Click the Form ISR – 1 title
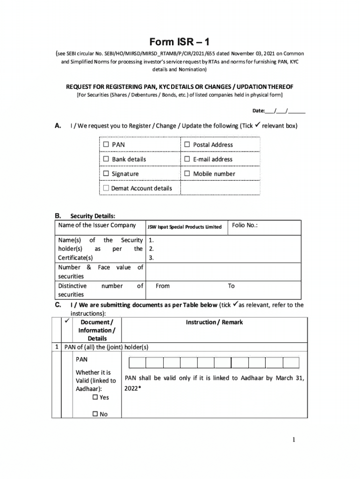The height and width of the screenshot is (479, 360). pos(180,42)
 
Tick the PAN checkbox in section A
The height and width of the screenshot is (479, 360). pos(106,145)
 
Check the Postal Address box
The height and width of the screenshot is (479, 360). pos(187,145)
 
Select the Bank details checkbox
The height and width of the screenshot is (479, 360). pos(106,159)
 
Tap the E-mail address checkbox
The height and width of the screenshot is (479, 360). pos(187,159)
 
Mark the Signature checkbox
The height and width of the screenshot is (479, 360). pos(106,174)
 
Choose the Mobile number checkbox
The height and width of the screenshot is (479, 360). pos(187,174)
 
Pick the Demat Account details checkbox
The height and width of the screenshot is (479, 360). pos(106,188)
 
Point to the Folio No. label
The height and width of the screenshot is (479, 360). pos(245,225)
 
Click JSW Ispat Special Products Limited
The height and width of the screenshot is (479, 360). pos(184,227)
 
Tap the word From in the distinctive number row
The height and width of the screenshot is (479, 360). pos(163,286)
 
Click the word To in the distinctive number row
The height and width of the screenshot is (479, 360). pos(231,286)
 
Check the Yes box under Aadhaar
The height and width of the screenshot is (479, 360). pos(95,397)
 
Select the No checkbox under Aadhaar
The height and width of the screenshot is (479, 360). pos(95,414)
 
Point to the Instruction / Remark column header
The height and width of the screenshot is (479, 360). pos(214,322)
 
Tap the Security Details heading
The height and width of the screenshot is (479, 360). pos(93,216)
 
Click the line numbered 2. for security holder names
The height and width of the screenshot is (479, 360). pos(151,249)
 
